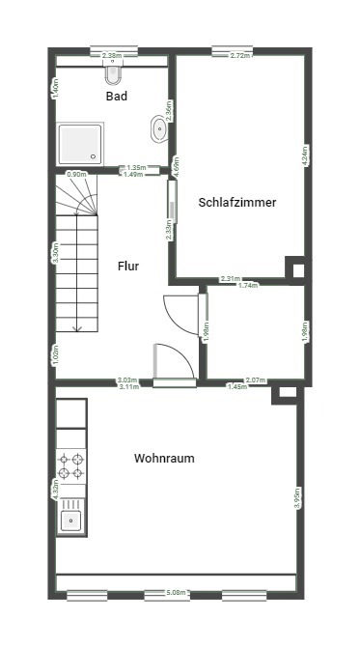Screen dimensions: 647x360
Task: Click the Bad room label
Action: [x=117, y=97]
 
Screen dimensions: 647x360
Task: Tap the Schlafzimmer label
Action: [x=237, y=203]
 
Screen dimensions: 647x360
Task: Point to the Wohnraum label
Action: [x=164, y=459]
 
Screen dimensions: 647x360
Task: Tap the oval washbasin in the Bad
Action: [x=157, y=127]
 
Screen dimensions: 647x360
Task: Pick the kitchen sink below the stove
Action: [x=71, y=521]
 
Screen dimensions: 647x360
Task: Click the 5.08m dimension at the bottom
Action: [x=176, y=592]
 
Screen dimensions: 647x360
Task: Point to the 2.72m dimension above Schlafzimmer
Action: [x=240, y=55]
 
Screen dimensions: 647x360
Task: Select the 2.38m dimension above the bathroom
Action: [x=111, y=55]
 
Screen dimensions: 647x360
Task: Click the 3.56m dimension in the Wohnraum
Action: [x=297, y=497]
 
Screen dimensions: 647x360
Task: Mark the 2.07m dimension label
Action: [x=255, y=380]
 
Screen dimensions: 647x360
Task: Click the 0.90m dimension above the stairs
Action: [x=76, y=175]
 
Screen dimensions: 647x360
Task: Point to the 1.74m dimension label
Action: [x=248, y=286]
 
